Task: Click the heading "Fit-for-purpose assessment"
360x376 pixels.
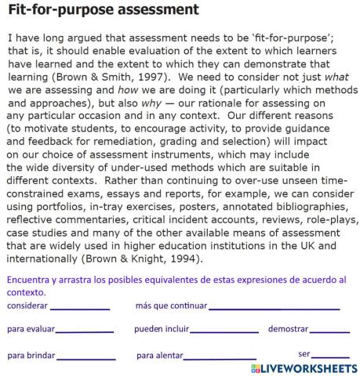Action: point(102,10)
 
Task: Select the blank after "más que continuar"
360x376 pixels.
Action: point(275,307)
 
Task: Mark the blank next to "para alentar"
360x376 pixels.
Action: point(220,357)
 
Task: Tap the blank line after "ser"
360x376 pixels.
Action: point(330,356)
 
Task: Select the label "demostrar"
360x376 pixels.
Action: point(288,329)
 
